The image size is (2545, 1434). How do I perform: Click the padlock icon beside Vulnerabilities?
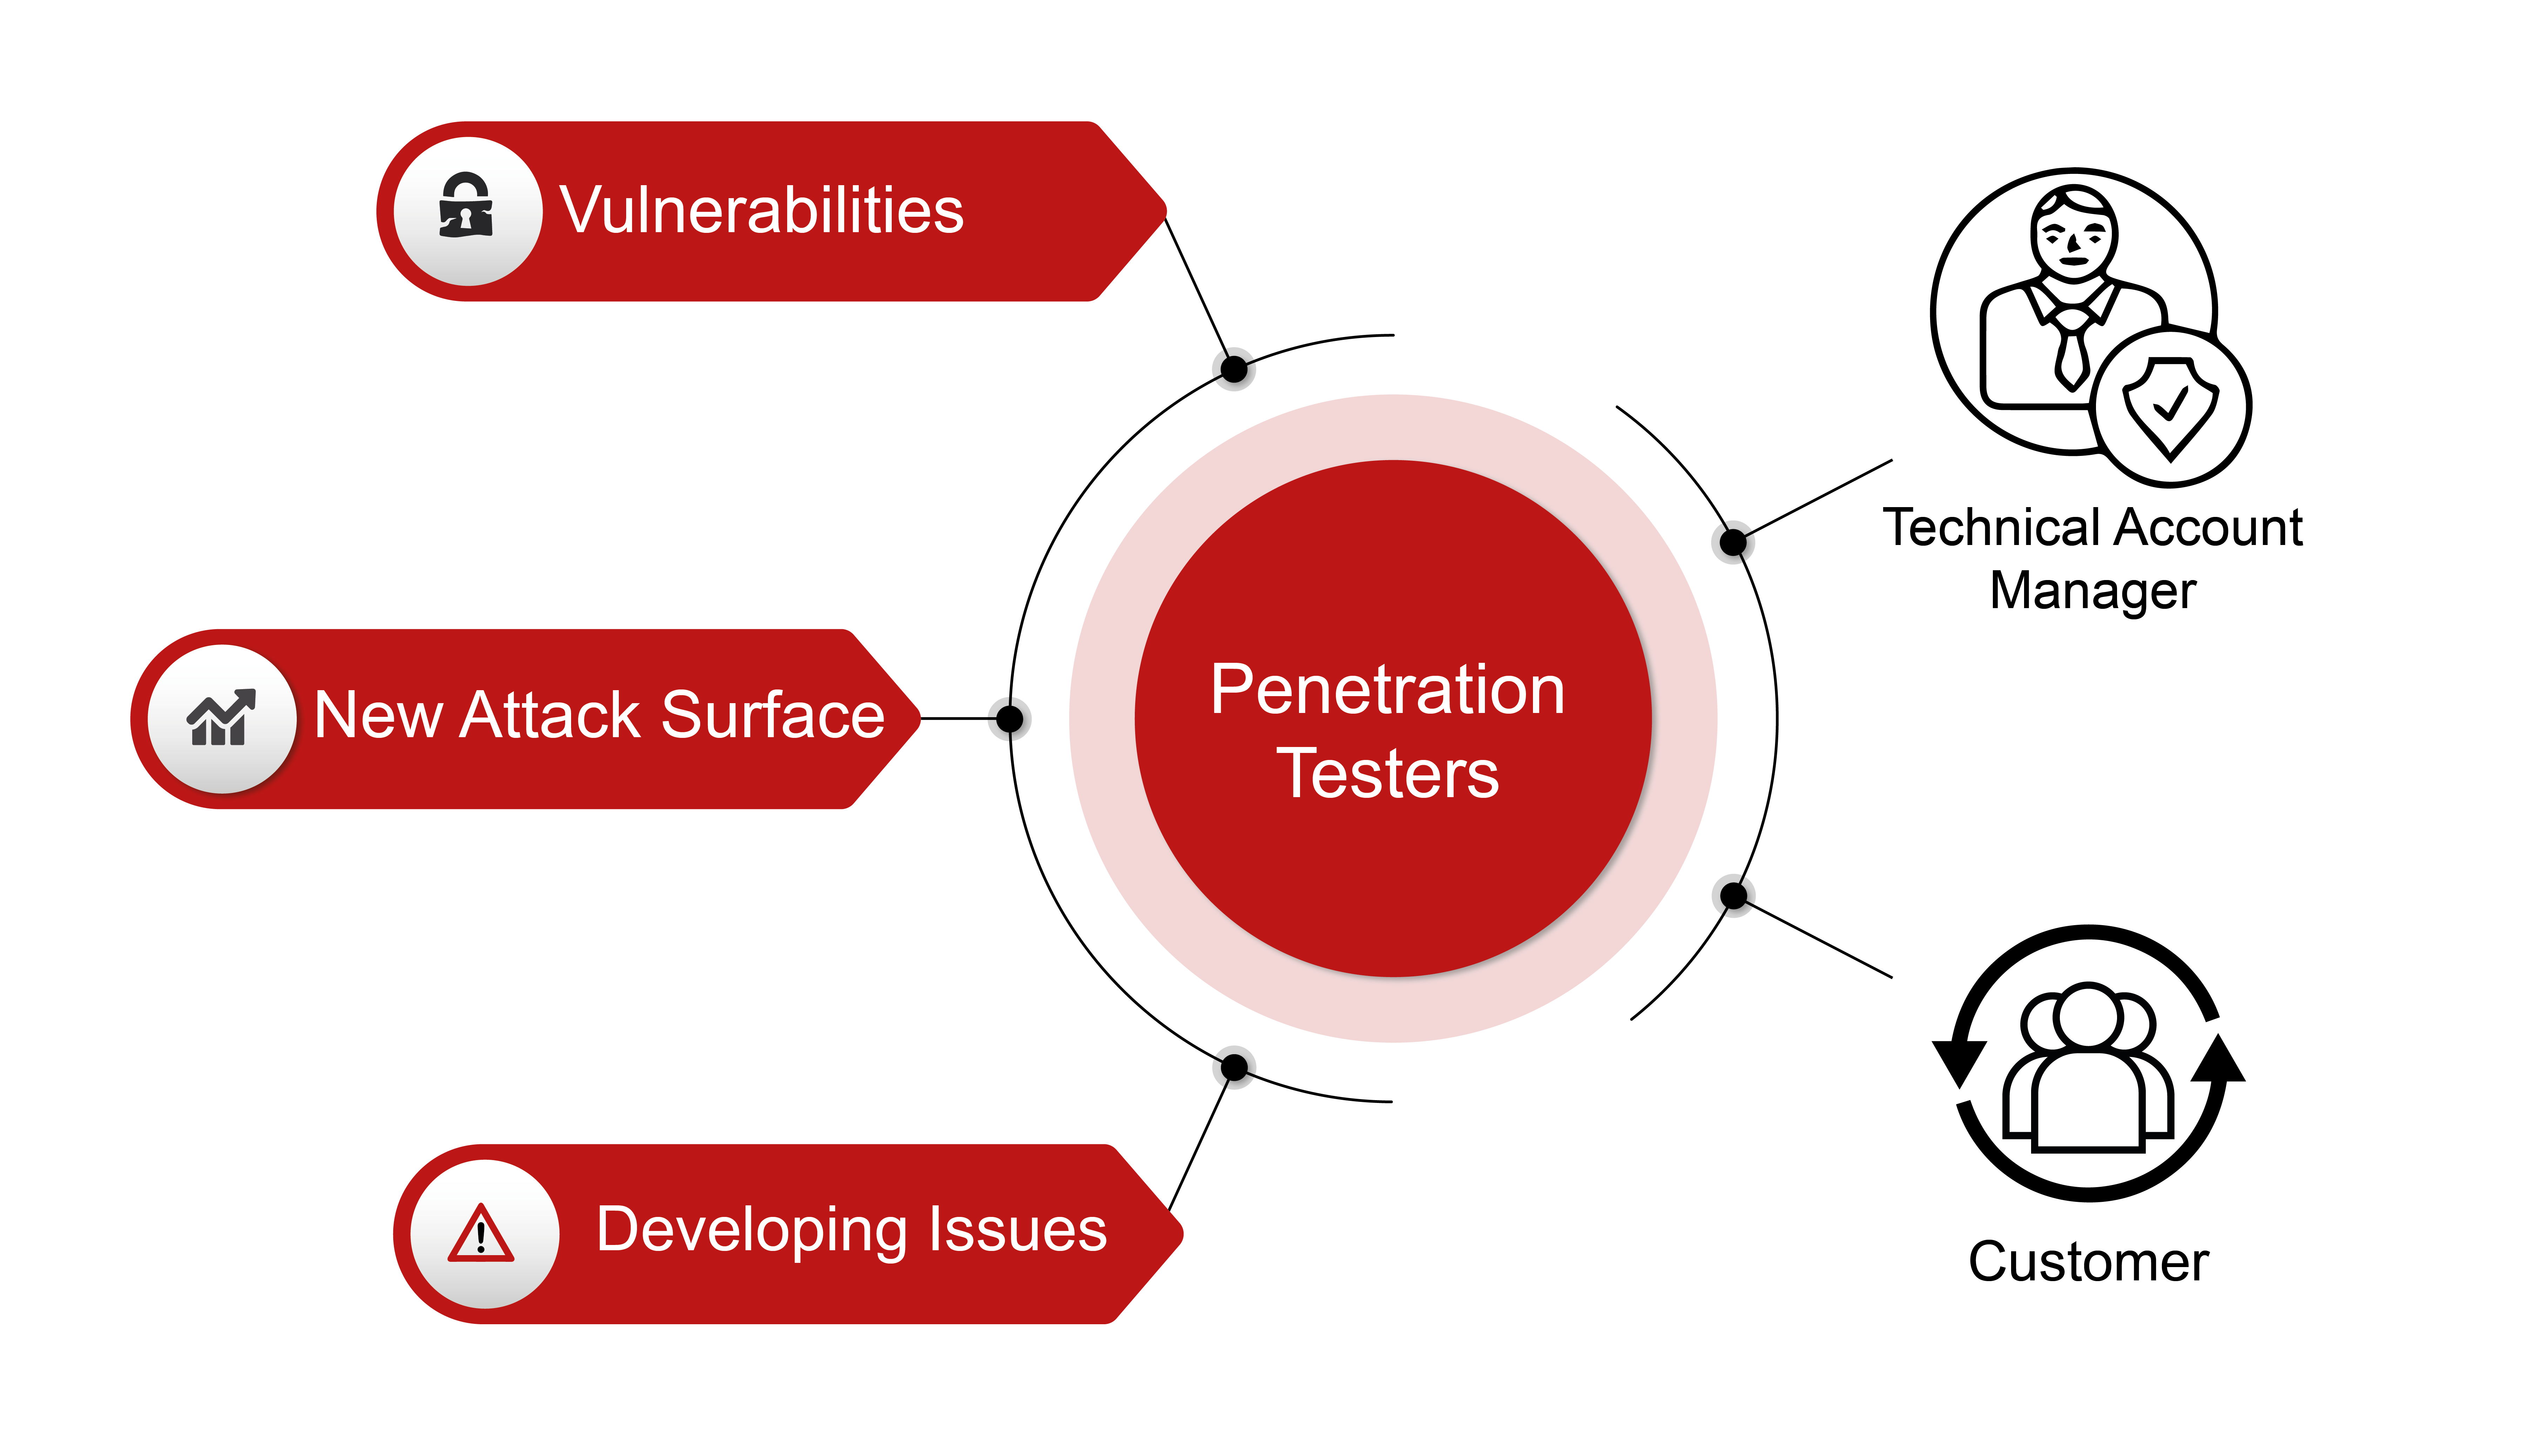click(x=466, y=206)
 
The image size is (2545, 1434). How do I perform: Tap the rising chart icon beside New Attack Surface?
click(x=221, y=717)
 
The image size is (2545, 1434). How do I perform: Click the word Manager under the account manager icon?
click(x=2092, y=592)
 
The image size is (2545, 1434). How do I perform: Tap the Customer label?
click(x=2089, y=1262)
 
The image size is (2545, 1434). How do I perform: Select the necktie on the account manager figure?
click(x=2071, y=351)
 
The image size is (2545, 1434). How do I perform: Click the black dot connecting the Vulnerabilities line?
click(x=1234, y=369)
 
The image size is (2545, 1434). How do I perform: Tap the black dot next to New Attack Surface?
click(x=1010, y=719)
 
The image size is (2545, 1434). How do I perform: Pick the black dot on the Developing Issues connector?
click(x=1234, y=1066)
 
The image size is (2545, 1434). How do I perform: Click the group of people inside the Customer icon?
click(x=2089, y=1066)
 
